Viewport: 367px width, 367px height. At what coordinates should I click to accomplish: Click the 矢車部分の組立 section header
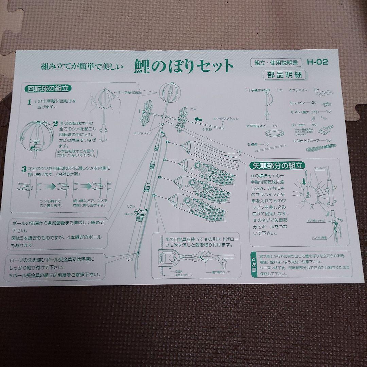coord(277,166)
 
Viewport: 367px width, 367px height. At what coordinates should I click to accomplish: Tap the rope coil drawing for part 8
coord(321,148)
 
